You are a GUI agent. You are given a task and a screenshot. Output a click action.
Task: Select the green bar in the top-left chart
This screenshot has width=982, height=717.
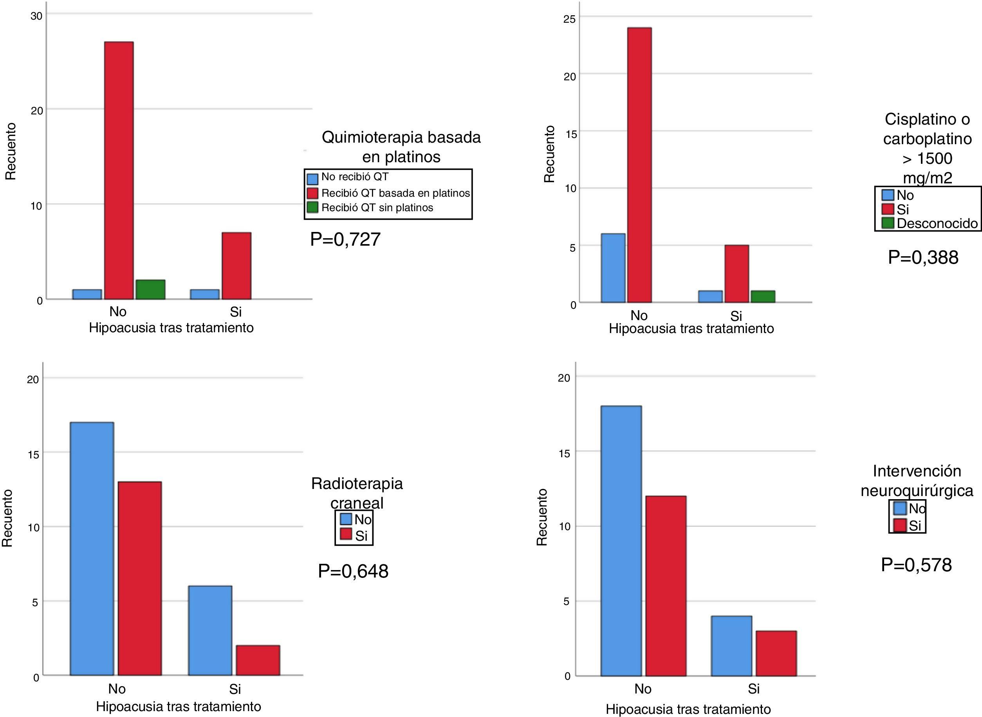pos(150,290)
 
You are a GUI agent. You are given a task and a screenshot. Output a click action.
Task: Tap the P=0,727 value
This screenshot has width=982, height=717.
pos(345,239)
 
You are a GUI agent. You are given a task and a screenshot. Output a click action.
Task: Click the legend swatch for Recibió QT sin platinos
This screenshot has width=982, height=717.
pos(312,208)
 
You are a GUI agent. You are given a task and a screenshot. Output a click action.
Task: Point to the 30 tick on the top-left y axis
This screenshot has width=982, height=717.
pos(36,16)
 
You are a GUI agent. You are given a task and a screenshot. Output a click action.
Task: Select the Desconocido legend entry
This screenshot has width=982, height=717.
pos(937,223)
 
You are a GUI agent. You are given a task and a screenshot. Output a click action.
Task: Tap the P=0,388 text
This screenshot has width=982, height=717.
pos(923,257)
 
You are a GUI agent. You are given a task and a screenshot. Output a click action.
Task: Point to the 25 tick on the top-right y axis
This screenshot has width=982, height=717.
pos(570,19)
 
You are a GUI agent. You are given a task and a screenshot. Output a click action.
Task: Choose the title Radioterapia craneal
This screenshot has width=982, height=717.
pos(357,493)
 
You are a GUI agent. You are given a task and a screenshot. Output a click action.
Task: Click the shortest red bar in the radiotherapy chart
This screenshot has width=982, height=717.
pos(258,660)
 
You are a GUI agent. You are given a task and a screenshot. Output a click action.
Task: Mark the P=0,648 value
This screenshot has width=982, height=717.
pos(353,571)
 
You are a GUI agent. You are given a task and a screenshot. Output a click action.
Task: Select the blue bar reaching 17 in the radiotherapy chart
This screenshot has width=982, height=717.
pos(92,549)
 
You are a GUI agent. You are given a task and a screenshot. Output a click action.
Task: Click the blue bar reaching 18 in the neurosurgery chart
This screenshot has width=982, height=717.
pos(621,541)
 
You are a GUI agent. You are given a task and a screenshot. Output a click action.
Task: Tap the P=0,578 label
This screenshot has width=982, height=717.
pos(916,565)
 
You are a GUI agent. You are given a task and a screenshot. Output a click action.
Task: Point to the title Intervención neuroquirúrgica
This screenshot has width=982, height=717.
pos(917,480)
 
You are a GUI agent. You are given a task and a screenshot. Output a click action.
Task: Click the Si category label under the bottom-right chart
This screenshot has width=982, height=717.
pos(753,689)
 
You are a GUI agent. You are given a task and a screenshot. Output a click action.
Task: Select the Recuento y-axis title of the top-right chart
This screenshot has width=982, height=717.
pos(549,154)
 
